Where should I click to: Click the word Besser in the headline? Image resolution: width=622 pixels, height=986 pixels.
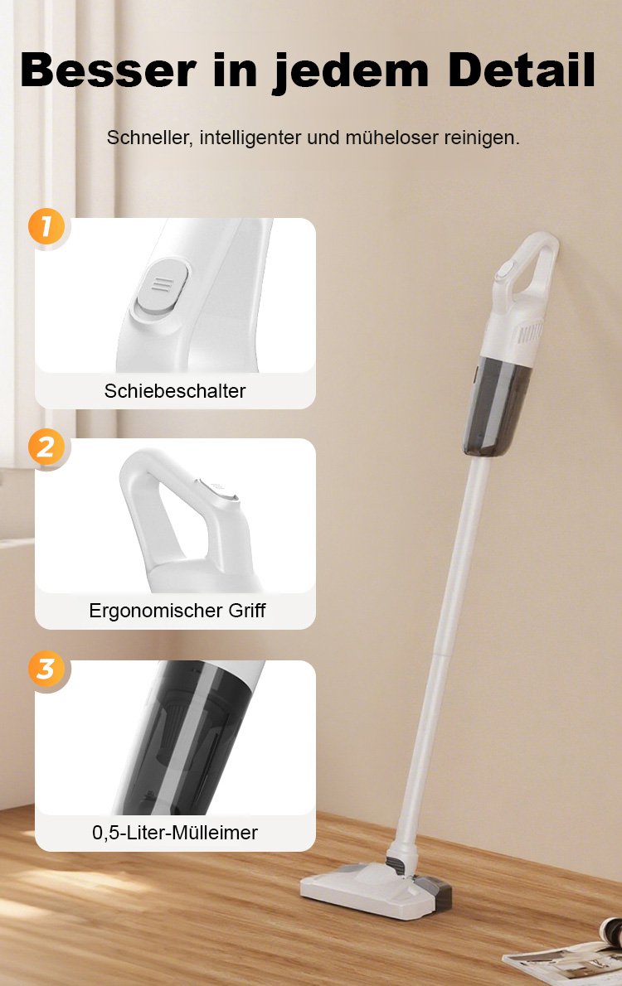[109, 69]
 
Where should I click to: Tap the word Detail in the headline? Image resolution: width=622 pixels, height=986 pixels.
[522, 69]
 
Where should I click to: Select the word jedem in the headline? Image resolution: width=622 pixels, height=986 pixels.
[351, 72]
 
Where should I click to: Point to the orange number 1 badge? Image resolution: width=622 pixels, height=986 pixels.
[46, 226]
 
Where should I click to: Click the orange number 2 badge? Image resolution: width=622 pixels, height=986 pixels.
[46, 447]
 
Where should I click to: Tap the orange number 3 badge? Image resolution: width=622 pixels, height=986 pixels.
[46, 669]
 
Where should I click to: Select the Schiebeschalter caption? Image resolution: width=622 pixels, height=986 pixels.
[175, 390]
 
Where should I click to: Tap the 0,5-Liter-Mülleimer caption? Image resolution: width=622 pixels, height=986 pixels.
[175, 833]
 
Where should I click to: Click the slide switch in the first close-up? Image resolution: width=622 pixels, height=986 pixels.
[162, 288]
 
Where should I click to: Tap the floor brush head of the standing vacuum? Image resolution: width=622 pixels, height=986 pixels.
[377, 888]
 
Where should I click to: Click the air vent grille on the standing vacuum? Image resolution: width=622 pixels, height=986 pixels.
[529, 334]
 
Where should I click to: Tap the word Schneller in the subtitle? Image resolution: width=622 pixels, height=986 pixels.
[148, 137]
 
